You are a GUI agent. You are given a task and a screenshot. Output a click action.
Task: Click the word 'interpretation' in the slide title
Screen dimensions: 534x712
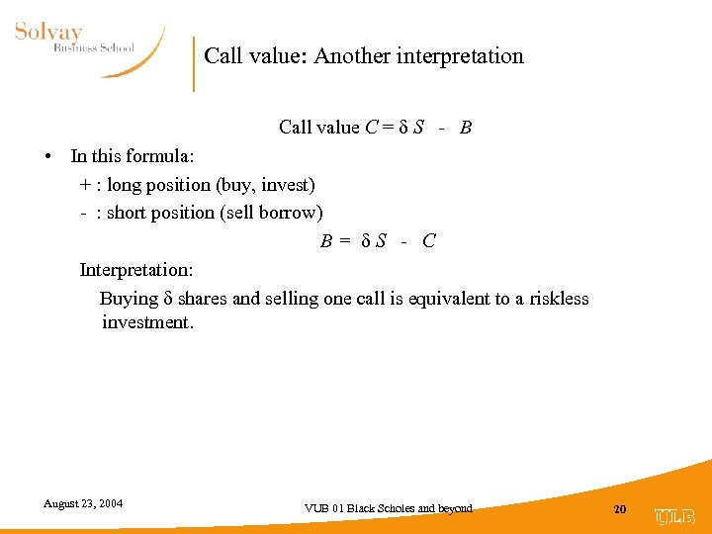460,56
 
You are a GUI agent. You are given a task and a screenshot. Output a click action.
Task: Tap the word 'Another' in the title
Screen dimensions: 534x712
352,56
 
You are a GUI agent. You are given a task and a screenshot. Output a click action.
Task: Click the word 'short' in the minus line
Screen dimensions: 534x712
129,213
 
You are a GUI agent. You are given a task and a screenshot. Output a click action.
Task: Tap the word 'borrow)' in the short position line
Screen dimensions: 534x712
292,213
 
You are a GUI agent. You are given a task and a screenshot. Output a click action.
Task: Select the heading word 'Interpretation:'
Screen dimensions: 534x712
136,270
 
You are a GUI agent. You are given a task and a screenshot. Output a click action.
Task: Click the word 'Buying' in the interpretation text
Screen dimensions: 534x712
130,299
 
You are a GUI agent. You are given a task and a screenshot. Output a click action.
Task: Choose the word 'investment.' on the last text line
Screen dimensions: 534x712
148,322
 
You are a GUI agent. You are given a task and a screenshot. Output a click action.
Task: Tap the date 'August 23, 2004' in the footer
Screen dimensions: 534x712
83,503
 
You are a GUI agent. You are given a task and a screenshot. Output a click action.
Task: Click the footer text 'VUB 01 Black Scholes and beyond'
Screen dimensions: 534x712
389,508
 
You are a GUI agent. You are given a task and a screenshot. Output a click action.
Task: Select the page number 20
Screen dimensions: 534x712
620,508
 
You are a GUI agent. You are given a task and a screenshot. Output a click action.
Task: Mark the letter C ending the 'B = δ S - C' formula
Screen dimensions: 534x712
428,240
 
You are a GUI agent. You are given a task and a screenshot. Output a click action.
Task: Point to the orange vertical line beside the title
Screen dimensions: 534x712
194,64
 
